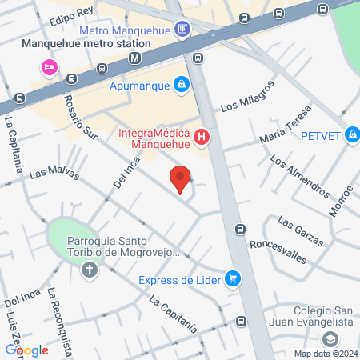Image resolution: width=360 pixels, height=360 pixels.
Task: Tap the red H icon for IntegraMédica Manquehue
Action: [x=202, y=138]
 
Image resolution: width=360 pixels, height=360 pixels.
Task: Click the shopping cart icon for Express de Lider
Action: [x=232, y=279]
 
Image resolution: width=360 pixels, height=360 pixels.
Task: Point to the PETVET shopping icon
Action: [x=351, y=135]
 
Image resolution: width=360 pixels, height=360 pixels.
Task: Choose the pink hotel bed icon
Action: [x=48, y=66]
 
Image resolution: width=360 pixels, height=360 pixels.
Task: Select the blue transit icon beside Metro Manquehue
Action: [x=184, y=30]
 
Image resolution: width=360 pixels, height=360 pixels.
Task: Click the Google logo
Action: [x=26, y=350]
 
